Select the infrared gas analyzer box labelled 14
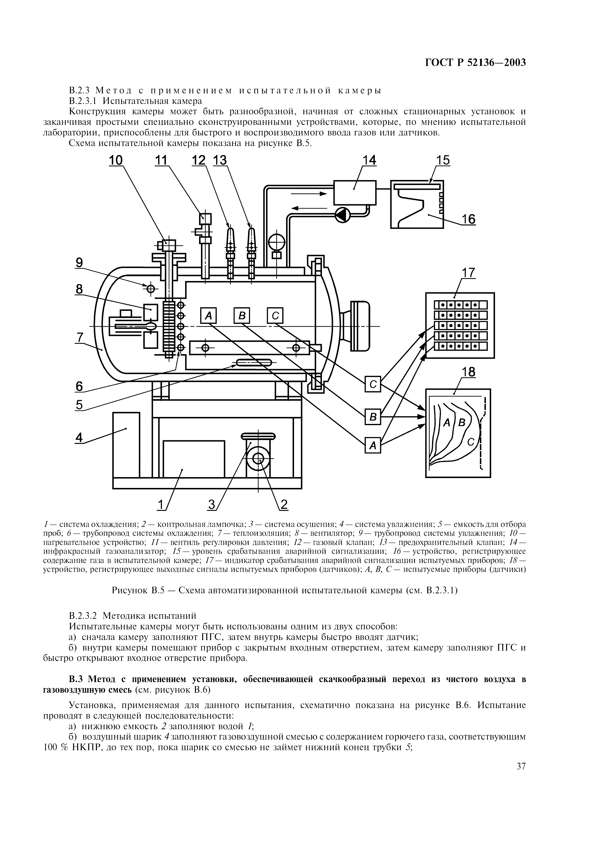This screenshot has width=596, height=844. tap(354, 193)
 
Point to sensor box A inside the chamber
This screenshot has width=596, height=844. tap(208, 315)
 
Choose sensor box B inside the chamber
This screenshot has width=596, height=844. tap(242, 315)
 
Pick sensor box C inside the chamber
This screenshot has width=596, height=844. tap(275, 315)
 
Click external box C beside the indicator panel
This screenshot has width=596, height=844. tap(373, 384)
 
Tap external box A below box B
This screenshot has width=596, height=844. tap(373, 446)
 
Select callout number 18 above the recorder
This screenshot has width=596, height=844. tap(468, 372)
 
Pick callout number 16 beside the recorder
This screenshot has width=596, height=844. tap(468, 219)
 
